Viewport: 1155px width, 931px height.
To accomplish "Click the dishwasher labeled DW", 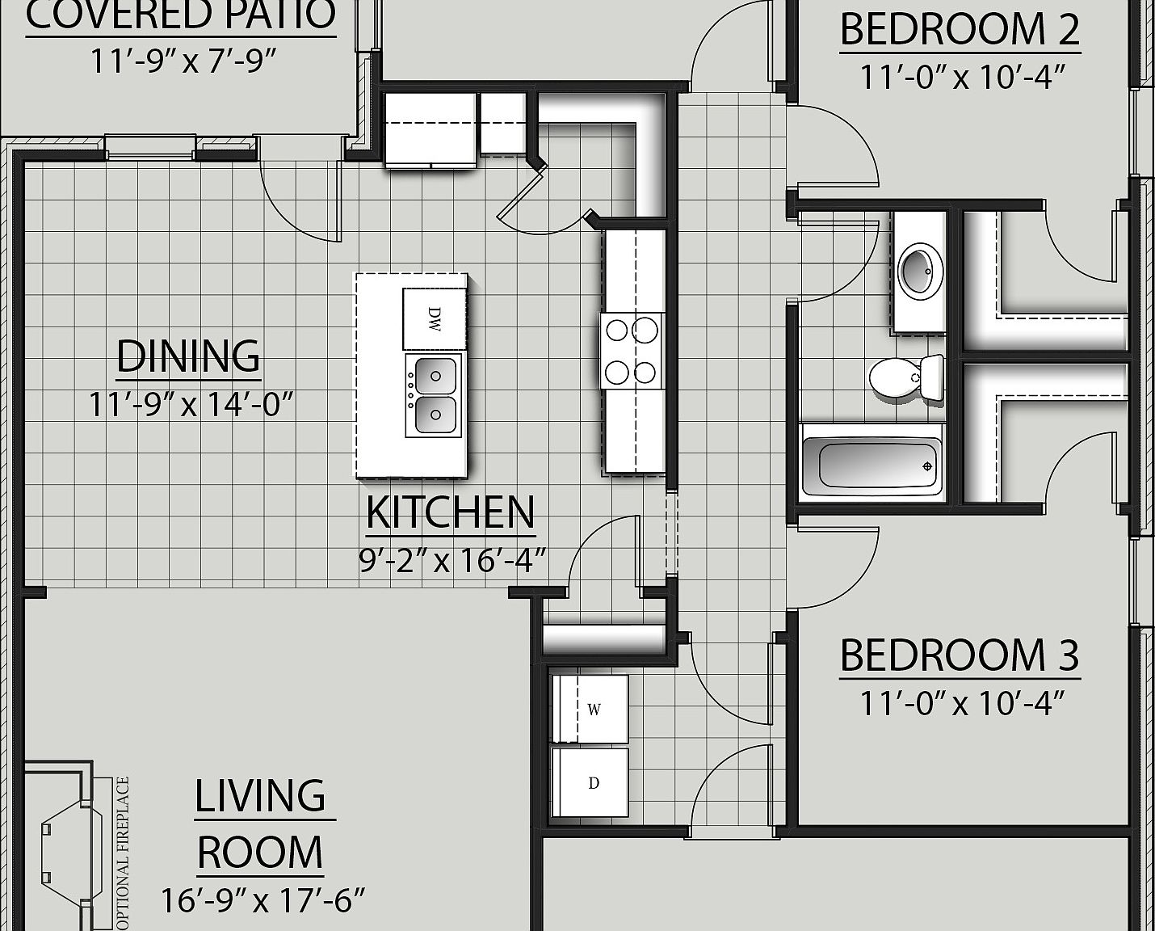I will pos(435,318).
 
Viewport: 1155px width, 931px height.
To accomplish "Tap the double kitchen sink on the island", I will pos(435,395).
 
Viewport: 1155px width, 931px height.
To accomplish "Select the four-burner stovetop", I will pos(632,351).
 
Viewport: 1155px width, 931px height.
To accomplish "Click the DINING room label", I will pos(188,356).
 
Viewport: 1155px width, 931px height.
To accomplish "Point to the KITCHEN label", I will pos(450,512).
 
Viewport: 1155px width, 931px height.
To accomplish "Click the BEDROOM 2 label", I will pos(960,30).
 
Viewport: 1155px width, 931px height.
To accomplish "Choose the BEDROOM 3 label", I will pos(960,655).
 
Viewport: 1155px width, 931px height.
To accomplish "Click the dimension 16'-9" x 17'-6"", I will pos(263,899).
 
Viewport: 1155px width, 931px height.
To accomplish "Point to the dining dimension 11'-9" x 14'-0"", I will pos(190,403).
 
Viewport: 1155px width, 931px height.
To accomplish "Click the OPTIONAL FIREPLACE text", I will pos(123,853).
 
